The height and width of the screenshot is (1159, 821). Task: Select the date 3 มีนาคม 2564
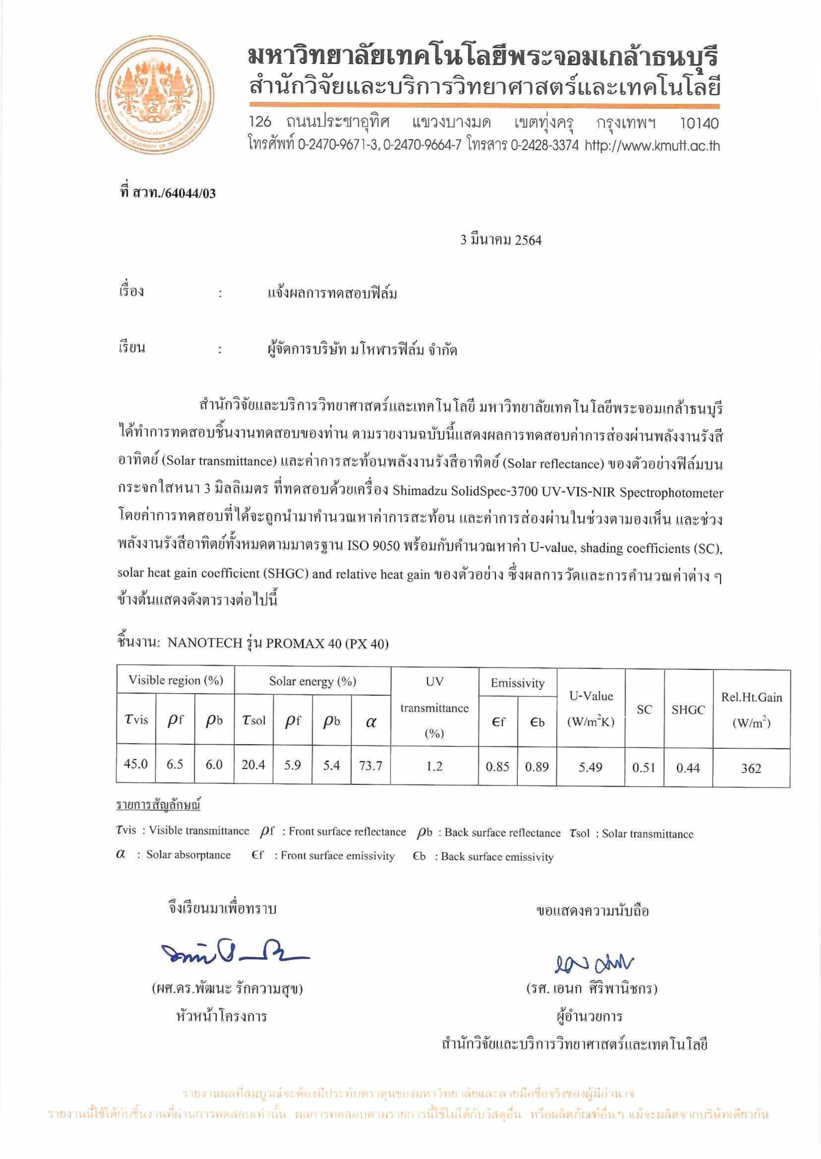[x=500, y=241]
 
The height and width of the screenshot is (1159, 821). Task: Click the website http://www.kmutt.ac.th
[x=652, y=146]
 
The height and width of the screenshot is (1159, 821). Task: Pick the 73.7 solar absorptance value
[x=371, y=766]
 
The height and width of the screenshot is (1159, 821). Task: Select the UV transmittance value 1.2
[x=434, y=766]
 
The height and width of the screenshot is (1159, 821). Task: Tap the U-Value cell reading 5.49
[x=590, y=768]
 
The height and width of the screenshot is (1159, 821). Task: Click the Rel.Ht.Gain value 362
[x=751, y=768]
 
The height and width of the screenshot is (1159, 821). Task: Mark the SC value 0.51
[x=644, y=768]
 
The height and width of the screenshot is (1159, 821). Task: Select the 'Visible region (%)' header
[x=175, y=680]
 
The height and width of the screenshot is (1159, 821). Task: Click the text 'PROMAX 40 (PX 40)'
[x=327, y=644]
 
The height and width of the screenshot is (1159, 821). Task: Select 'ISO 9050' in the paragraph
[x=374, y=547]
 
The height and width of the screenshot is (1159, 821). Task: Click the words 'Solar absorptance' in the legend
[x=188, y=855]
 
